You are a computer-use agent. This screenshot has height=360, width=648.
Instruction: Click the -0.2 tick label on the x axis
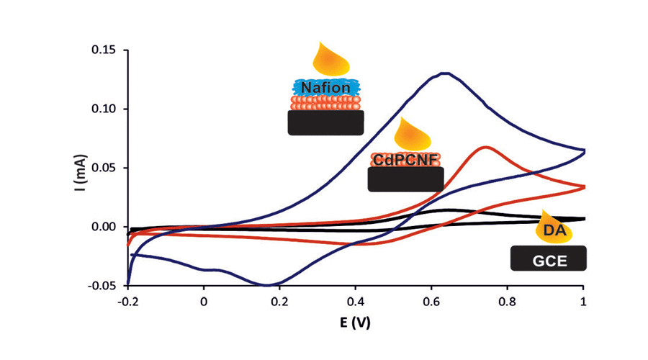[127, 300]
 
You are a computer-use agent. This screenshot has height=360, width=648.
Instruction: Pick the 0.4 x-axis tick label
[356, 300]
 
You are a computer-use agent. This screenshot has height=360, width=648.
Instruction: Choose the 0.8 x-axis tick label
[507, 300]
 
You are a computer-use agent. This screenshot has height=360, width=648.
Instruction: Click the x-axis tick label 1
[583, 300]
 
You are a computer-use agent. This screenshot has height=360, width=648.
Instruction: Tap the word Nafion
[325, 88]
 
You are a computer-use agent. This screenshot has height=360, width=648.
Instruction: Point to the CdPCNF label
[405, 158]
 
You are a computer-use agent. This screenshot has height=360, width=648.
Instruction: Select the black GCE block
[549, 258]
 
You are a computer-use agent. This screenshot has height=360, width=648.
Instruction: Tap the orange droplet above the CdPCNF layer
[414, 135]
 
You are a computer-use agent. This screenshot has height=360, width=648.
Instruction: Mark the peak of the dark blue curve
[446, 73]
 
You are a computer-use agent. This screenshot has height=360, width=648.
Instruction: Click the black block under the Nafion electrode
[325, 122]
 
